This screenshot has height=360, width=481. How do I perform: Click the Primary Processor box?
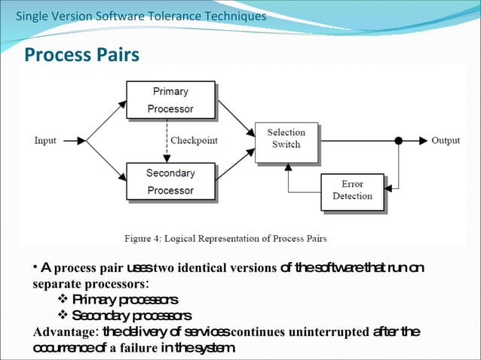click(x=170, y=100)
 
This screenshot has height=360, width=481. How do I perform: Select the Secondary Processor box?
click(x=170, y=182)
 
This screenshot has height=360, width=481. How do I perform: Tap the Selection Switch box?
click(x=286, y=139)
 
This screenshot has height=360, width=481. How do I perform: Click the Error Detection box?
click(x=352, y=191)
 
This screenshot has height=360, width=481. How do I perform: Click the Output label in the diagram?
click(x=445, y=141)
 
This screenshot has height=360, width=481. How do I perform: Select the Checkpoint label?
click(x=194, y=141)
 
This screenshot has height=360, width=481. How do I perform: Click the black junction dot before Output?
click(x=399, y=141)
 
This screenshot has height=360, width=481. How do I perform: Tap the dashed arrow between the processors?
click(x=167, y=141)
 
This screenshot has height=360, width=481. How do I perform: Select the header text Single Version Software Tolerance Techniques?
click(x=141, y=16)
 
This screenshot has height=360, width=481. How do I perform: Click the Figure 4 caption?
click(x=225, y=239)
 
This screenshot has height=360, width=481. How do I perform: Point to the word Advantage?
click(x=64, y=332)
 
